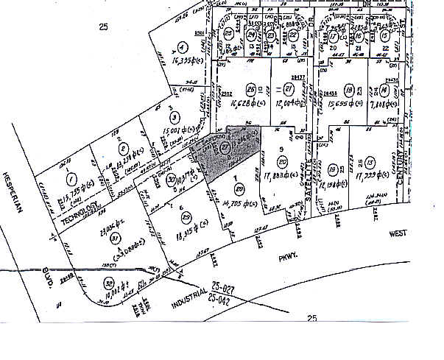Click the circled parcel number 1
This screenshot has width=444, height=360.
pyautogui.click(x=71, y=179)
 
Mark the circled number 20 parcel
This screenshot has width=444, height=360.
pyautogui.click(x=282, y=163)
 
